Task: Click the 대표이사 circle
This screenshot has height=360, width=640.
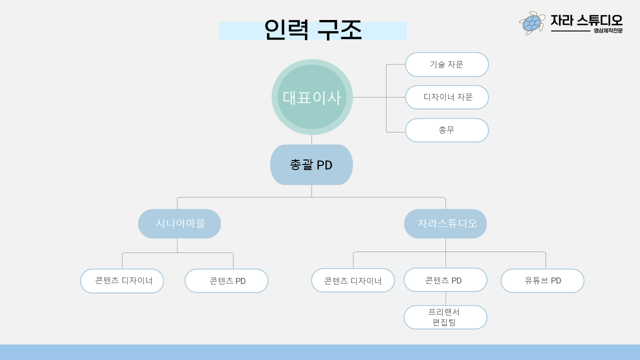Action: [312, 97]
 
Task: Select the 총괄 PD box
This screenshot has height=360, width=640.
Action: [311, 164]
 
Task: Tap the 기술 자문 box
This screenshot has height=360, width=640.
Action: [446, 64]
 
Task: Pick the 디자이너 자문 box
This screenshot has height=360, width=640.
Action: [446, 97]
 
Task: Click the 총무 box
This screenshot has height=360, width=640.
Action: [446, 130]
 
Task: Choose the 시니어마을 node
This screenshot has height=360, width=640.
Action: [179, 223]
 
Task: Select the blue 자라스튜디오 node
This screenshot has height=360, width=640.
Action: [445, 223]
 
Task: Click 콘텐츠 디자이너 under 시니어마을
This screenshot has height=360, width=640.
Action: [122, 281]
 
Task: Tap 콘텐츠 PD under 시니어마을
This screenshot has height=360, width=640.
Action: [226, 281]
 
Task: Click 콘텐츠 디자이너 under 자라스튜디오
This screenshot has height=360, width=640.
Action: [353, 280]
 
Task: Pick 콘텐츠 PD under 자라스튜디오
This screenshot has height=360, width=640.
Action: [445, 280]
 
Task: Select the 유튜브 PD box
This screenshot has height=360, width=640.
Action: [542, 280]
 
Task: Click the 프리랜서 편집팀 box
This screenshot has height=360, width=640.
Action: [445, 317]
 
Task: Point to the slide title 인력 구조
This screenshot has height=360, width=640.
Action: [313, 30]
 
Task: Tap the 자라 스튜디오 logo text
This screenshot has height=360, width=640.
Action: [586, 20]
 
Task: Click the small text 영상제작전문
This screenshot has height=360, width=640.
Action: [608, 31]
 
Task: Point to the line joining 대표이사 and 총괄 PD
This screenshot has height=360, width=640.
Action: [311, 139]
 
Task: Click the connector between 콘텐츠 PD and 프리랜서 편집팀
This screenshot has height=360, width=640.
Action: [445, 298]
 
